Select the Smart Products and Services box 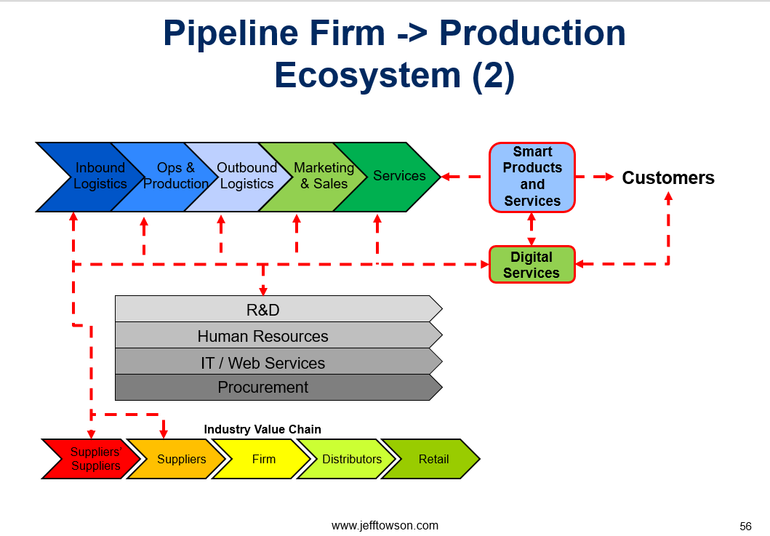532,177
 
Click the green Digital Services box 532,264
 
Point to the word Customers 668,177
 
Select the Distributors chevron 350,459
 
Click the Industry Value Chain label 262,429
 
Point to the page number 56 745,527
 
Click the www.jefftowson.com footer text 385,526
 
